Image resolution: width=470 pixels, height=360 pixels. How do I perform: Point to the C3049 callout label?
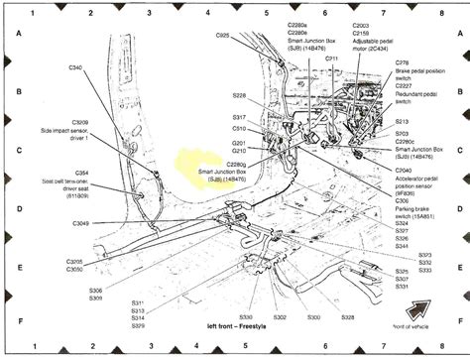click(x=80, y=224)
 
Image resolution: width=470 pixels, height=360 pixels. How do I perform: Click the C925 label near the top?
click(x=223, y=36)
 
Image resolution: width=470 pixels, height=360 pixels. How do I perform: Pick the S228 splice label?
click(x=239, y=96)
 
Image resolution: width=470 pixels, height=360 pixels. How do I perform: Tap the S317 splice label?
click(x=239, y=118)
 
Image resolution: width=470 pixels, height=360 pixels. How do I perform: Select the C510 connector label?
click(x=239, y=129)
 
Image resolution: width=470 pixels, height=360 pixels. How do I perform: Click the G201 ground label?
click(x=239, y=143)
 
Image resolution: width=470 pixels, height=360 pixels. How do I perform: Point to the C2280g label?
click(x=242, y=165)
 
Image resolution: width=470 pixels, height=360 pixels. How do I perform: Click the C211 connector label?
click(x=331, y=59)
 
